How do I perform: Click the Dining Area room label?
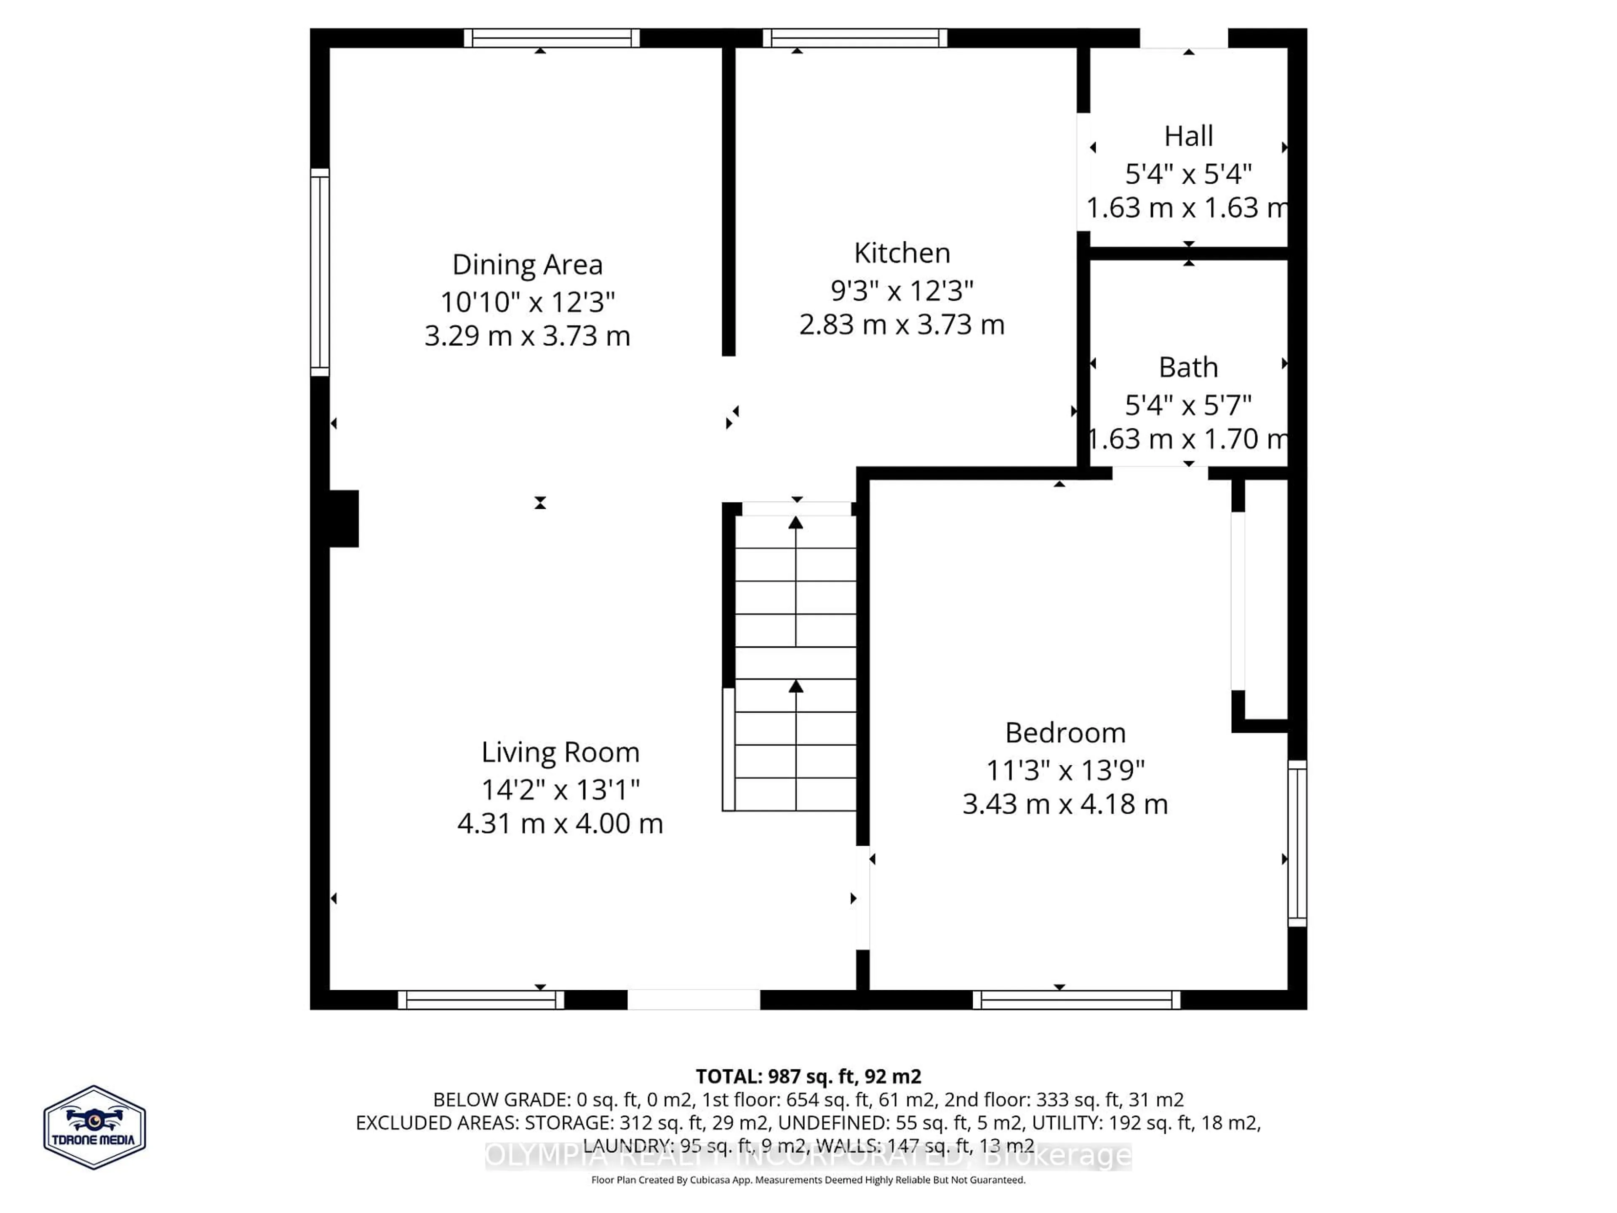tap(527, 265)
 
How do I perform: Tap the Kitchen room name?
tap(902, 253)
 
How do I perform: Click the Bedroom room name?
tap(1065, 732)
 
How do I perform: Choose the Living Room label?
tap(560, 752)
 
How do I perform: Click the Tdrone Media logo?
tap(94, 1127)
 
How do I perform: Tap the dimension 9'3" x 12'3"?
tap(902, 291)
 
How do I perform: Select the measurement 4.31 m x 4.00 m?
tap(560, 823)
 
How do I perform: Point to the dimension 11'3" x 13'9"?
tap(1065, 770)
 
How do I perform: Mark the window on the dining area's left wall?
tap(320, 272)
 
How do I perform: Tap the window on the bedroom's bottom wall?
tap(1076, 999)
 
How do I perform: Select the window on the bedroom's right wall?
tap(1297, 843)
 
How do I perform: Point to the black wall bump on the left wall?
tap(344, 518)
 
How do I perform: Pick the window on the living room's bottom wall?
tap(480, 999)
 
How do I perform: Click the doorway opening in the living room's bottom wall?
tap(693, 999)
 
